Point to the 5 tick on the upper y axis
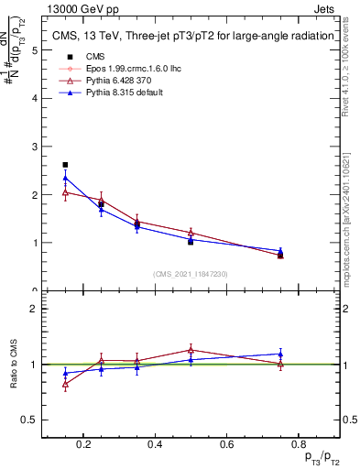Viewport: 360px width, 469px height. pyautogui.click(x=35, y=50)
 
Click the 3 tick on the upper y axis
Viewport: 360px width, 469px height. pyautogui.click(x=35, y=147)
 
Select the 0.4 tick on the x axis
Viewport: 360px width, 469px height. pyautogui.click(x=155, y=446)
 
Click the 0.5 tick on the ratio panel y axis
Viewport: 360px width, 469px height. pyautogui.click(x=30, y=420)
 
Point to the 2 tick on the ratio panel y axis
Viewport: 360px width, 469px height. pyautogui.click(x=35, y=309)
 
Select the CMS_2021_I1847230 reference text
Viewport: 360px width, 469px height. pyautogui.click(x=191, y=274)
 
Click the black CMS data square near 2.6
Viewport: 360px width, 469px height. pyautogui.click(x=65, y=165)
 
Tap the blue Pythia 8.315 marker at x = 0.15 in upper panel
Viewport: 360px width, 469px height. pyautogui.click(x=65, y=178)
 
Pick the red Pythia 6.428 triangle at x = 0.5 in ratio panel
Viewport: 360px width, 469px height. pyautogui.click(x=191, y=349)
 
